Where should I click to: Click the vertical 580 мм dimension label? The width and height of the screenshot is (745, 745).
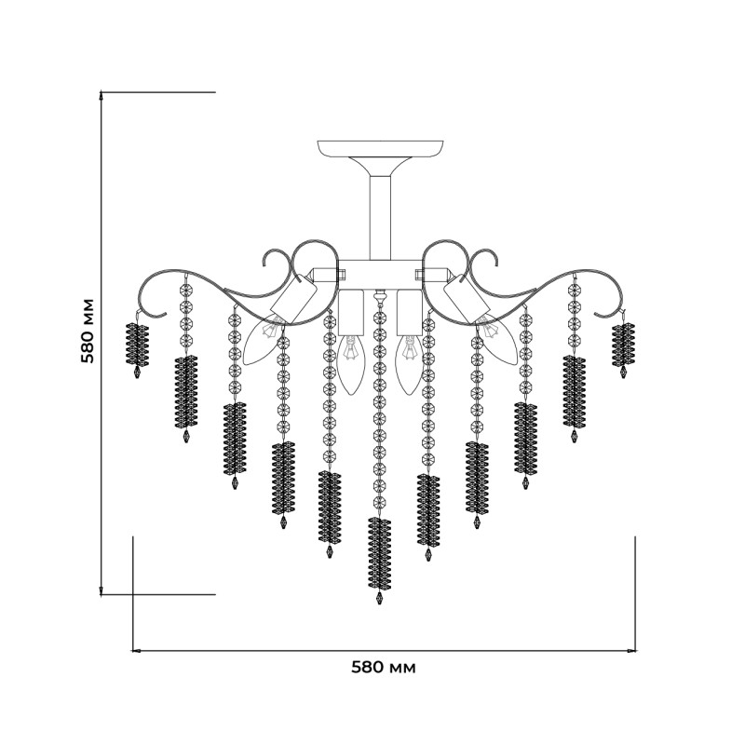coord(88,331)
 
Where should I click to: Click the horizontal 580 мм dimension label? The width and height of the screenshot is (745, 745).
coord(384,668)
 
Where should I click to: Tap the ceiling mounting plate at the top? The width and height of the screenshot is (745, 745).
coord(380,148)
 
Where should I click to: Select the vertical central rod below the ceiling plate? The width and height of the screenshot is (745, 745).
coord(380,217)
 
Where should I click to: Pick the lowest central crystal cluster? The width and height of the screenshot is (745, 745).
coord(380,553)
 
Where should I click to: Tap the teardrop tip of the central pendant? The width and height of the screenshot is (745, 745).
coord(379,597)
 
